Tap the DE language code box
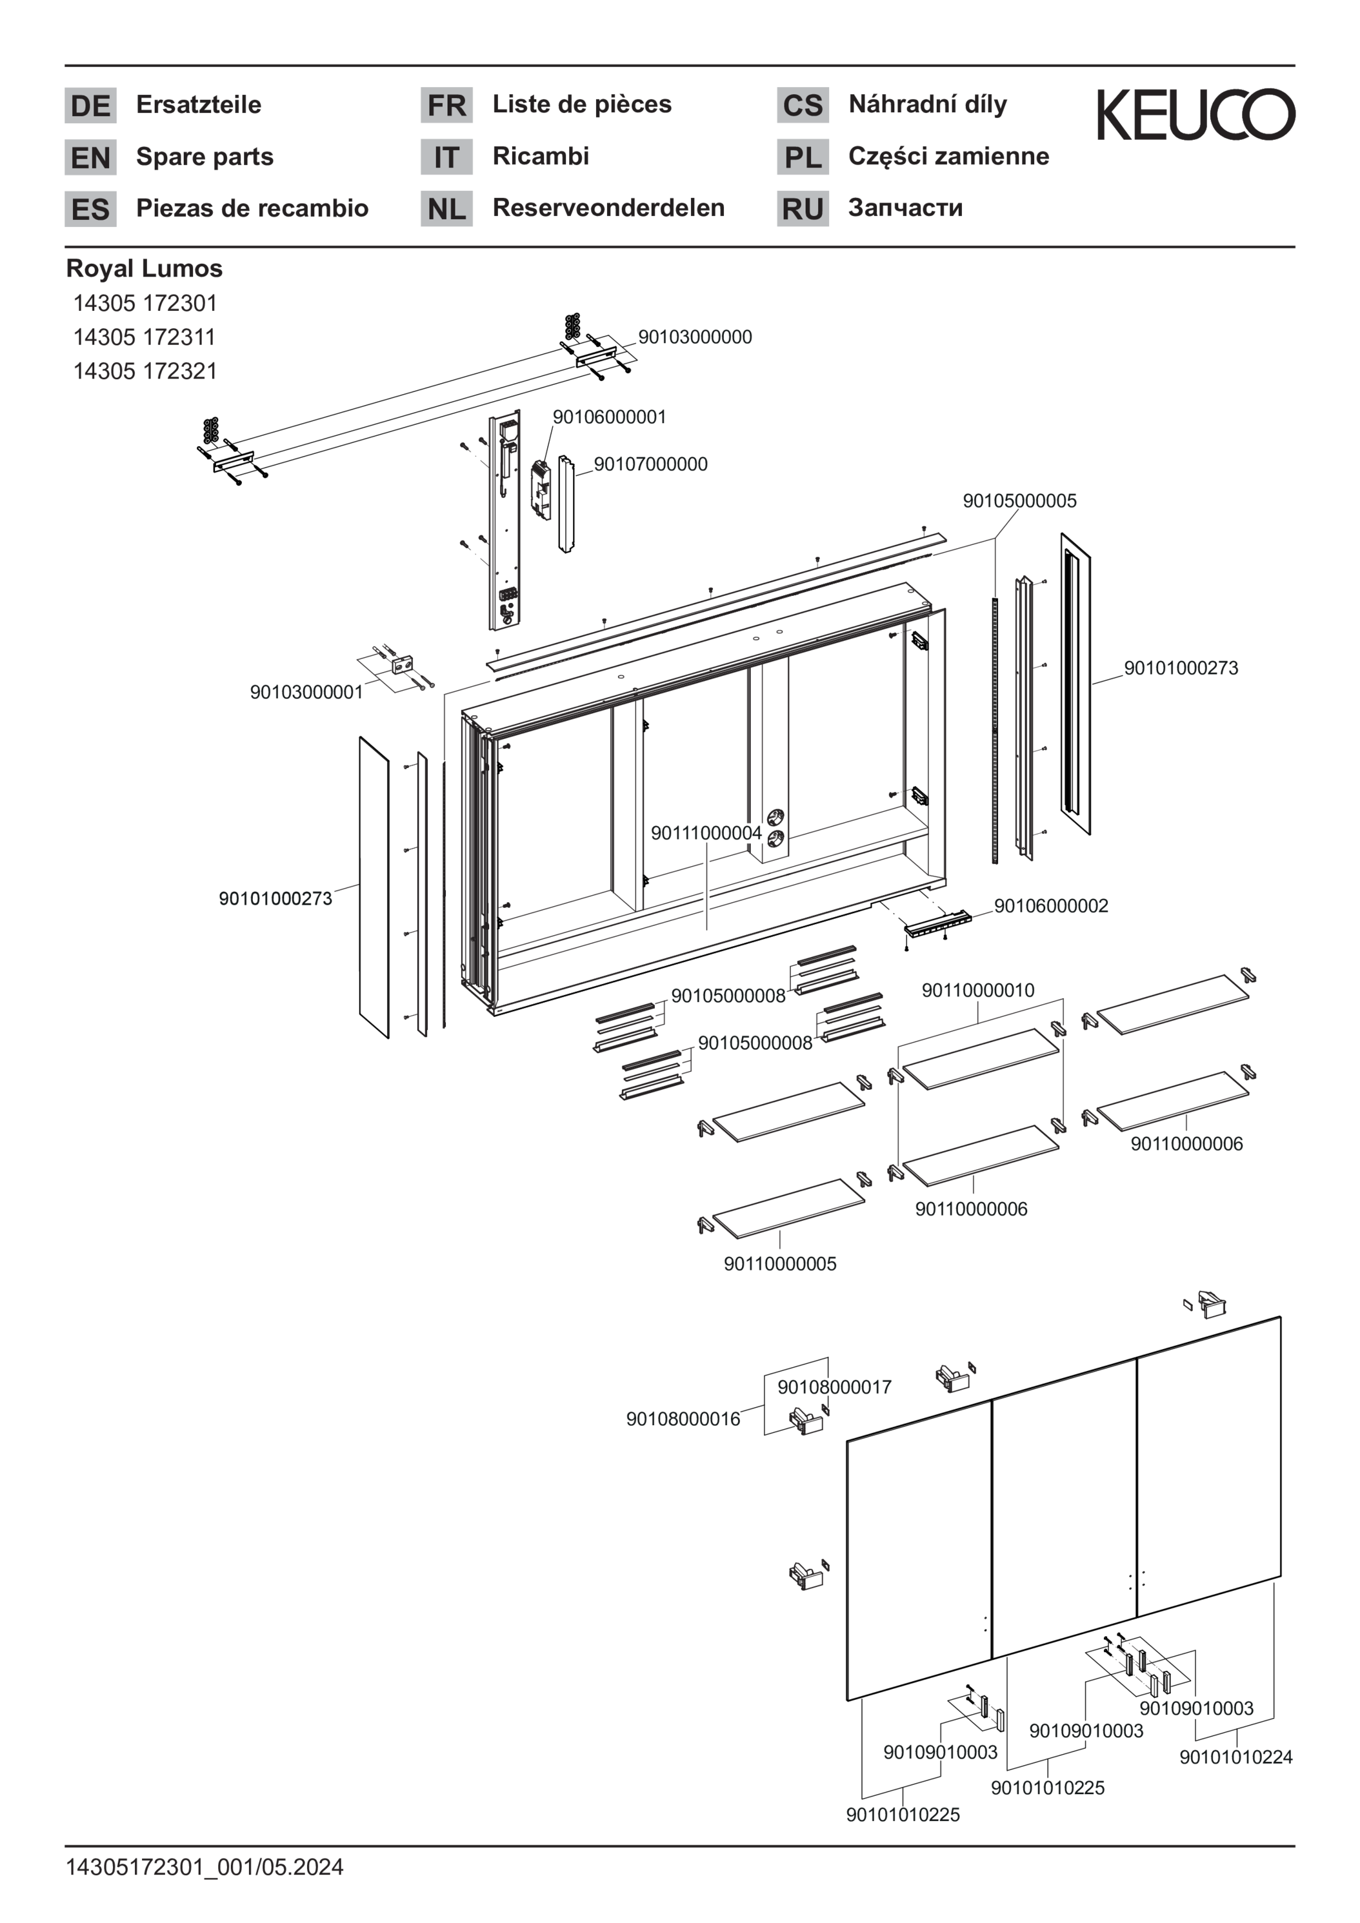pos(90,106)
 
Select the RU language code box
pos(802,208)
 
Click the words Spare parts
pos(205,157)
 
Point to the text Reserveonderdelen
pos(608,208)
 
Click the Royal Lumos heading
pos(144,269)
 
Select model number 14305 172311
pos(144,337)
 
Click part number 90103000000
pos(695,337)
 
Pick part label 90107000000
pos(650,464)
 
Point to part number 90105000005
pos(1019,501)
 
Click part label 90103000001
pos(306,692)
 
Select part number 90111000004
pos(706,833)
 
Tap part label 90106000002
pos(1051,905)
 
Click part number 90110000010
pos(978,990)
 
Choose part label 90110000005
pos(779,1264)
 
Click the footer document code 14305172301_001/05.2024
pos(205,1868)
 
